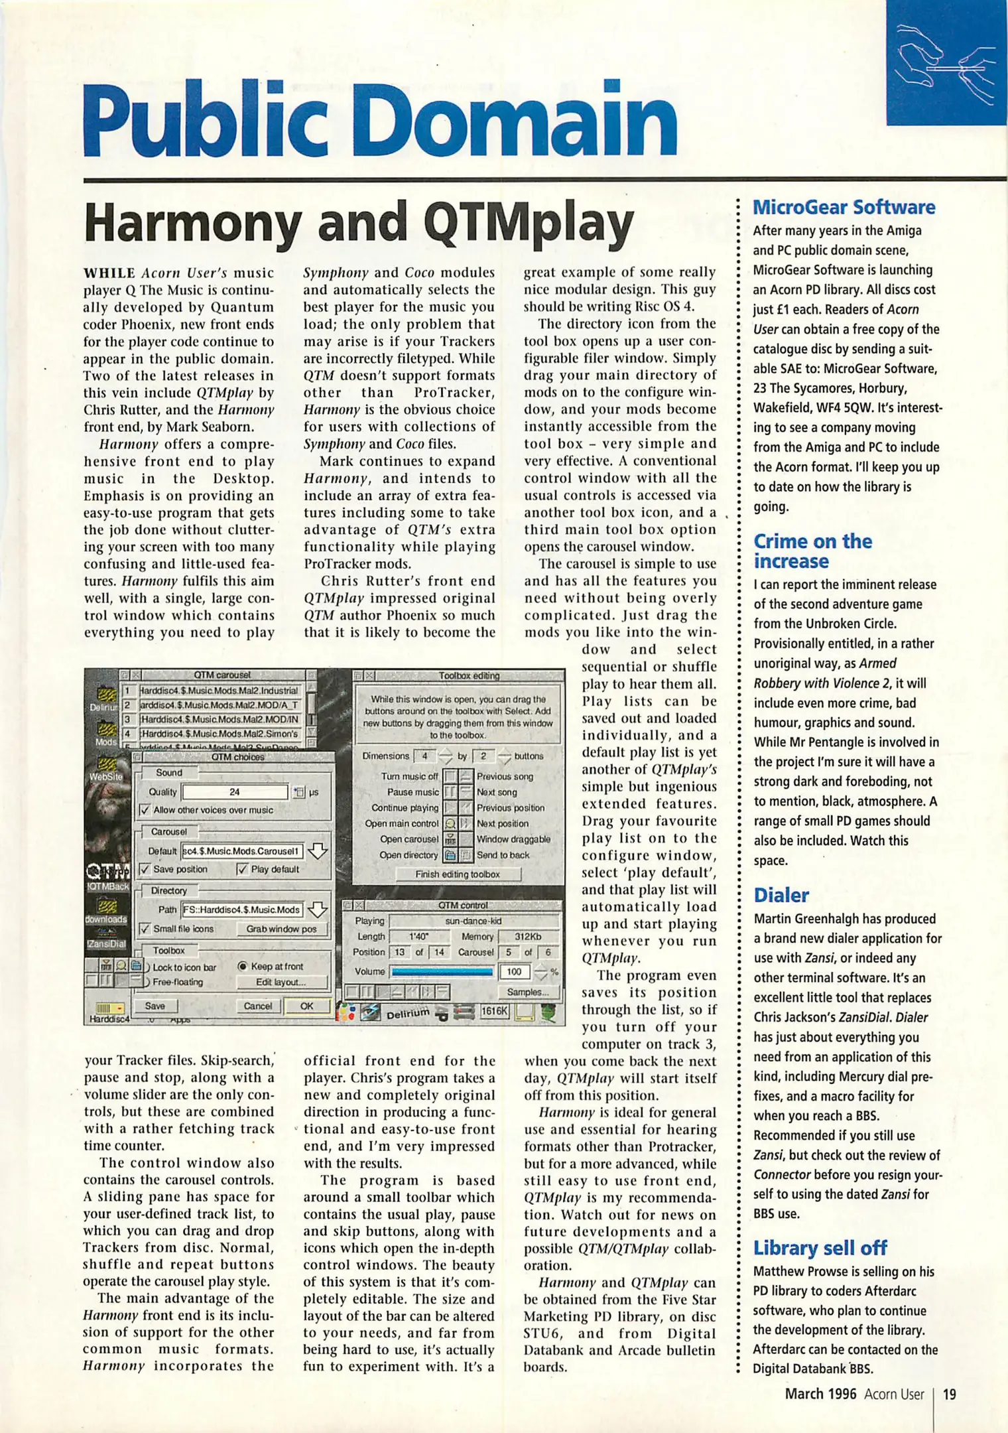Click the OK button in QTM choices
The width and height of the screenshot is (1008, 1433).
tap(306, 1006)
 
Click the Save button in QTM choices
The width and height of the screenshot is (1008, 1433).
tap(155, 1006)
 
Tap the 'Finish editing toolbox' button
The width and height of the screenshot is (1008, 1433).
tap(458, 874)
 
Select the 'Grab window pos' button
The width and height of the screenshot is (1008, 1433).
tap(281, 929)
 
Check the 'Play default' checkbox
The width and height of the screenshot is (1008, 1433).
tap(242, 869)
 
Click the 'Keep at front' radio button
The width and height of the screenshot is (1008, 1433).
tap(243, 967)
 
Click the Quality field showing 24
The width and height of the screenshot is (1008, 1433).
tap(235, 791)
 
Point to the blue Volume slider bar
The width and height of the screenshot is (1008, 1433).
tap(442, 972)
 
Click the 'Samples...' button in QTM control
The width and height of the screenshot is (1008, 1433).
tap(527, 992)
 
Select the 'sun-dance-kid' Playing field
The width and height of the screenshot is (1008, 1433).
tap(473, 921)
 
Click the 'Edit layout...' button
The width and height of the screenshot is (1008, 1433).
tap(281, 982)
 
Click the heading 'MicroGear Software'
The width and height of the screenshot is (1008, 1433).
tap(844, 207)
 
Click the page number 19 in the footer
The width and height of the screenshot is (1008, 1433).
tap(950, 1394)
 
